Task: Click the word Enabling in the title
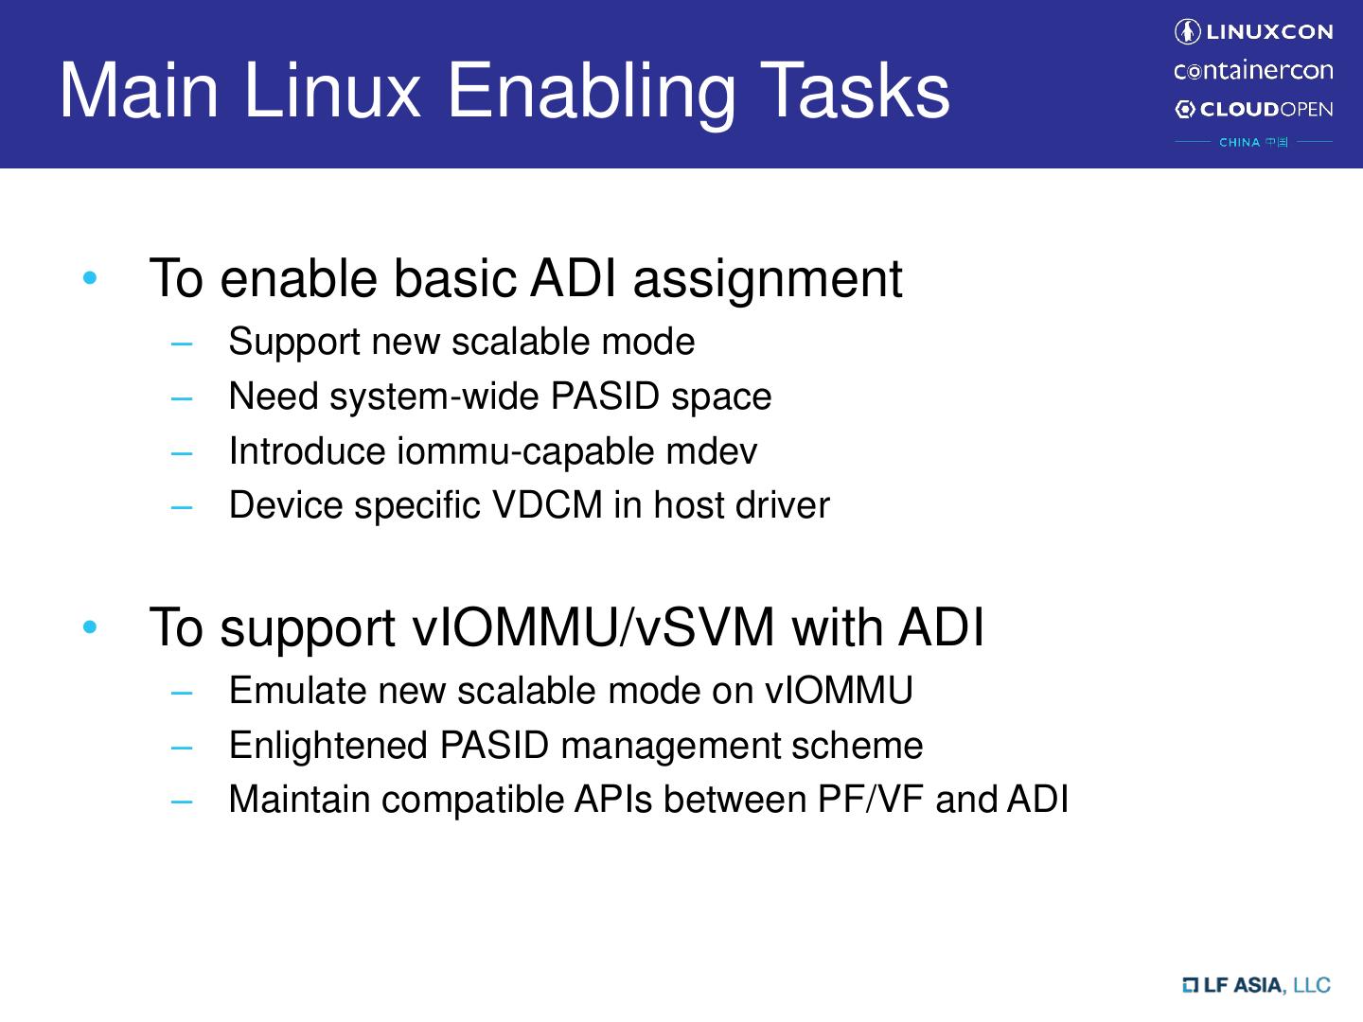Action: [590, 92]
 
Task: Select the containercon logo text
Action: [1253, 71]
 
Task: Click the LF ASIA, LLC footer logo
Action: [1257, 985]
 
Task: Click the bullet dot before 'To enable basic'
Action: [90, 279]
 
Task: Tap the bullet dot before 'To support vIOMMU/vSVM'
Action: [90, 627]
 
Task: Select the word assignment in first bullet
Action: [767, 279]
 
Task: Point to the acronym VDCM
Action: [547, 505]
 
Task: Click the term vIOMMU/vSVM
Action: [594, 627]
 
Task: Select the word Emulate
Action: [298, 691]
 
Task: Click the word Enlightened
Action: [328, 746]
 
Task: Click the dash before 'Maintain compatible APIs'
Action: [182, 801]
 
